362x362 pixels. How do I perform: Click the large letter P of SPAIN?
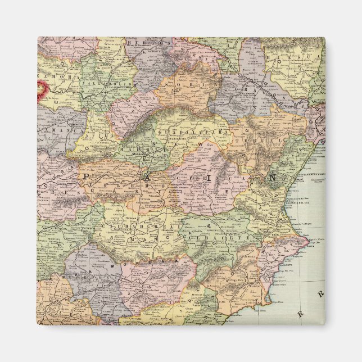[x=85, y=177]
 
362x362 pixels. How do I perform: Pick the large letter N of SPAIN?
[x=271, y=177]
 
